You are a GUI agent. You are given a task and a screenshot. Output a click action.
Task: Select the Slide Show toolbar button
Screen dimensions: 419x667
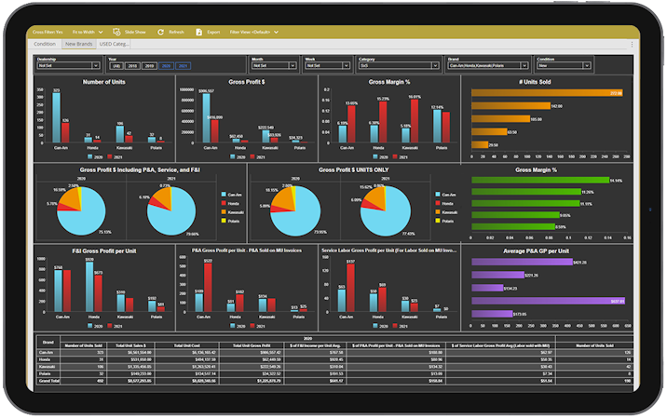(x=129, y=32)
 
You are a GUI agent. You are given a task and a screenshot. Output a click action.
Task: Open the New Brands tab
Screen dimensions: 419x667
(x=77, y=44)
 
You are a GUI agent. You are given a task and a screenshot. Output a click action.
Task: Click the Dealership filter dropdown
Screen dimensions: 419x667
(x=68, y=66)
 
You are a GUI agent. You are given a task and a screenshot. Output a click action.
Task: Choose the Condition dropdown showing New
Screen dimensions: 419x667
(x=565, y=66)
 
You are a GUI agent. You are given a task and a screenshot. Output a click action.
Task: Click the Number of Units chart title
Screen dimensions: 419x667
(x=104, y=82)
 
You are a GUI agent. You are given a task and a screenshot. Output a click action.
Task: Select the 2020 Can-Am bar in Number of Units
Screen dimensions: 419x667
(x=56, y=115)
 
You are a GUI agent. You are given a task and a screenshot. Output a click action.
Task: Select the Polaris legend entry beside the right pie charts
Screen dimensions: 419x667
(x=447, y=223)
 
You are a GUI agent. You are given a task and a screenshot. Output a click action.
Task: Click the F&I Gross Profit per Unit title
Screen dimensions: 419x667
(x=104, y=250)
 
